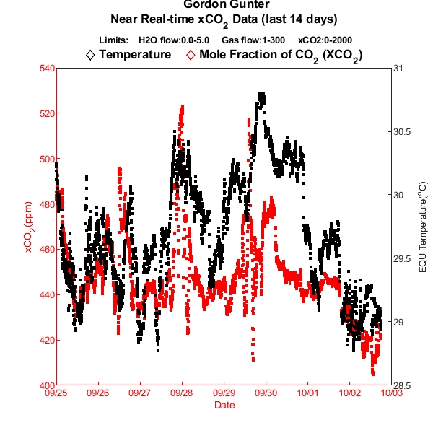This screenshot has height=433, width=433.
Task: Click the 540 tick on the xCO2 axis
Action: pyautogui.click(x=46, y=69)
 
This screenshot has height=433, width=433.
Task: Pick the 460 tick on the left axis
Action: pyautogui.click(x=46, y=250)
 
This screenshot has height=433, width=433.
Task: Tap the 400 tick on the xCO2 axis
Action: pyautogui.click(x=46, y=385)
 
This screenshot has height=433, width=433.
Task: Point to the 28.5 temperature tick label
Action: pyautogui.click(x=403, y=385)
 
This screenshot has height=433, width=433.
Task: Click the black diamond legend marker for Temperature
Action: pyautogui.click(x=90, y=54)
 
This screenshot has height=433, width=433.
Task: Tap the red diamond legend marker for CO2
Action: pyautogui.click(x=191, y=54)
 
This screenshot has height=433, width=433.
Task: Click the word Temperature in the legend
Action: pyautogui.click(x=135, y=54)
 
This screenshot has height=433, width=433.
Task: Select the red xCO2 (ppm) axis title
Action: pyautogui.click(x=29, y=227)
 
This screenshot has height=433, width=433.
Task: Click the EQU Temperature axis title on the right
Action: pyautogui.click(x=423, y=227)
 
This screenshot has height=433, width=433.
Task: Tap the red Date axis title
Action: pyautogui.click(x=224, y=406)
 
